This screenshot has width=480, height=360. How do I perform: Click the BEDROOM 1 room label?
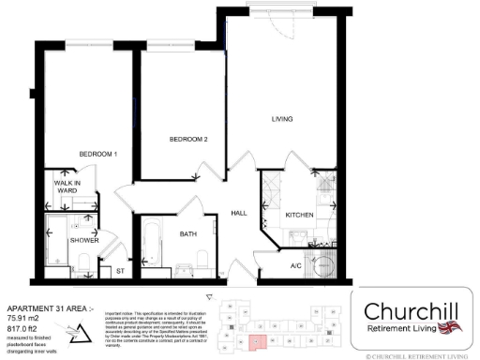[x=97, y=153]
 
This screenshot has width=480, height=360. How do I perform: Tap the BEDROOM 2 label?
[x=187, y=140]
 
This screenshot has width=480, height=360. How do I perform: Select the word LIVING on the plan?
[x=282, y=119]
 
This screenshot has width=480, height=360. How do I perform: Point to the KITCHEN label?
[x=299, y=215]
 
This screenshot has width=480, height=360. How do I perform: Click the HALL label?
[x=238, y=213]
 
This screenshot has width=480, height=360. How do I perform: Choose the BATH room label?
[x=187, y=234]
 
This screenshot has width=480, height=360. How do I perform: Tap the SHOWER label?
[x=83, y=240]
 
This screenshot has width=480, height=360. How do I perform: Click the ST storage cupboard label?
[x=119, y=271]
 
